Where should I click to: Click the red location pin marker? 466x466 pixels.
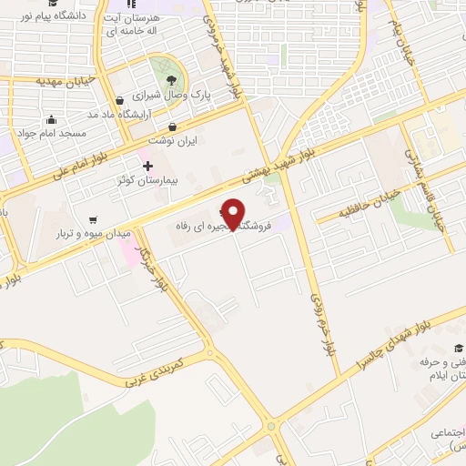pos(234,213)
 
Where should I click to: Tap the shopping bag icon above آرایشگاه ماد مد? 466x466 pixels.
pos(119,100)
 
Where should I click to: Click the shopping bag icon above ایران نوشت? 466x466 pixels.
pos(173,126)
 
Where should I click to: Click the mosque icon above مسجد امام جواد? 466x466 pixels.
pos(51,119)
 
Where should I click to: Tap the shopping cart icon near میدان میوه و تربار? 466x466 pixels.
pos(94,219)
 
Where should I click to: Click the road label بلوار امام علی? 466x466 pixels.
pos(83,163)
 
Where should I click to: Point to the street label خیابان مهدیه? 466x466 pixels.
pos(64,81)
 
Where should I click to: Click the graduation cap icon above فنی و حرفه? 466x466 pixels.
pos(458,348)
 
